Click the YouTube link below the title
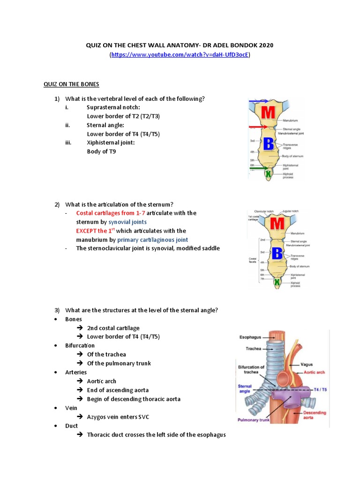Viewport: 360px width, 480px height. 180,55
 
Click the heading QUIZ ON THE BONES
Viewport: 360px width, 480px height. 71,84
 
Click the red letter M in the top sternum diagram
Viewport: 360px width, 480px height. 269,113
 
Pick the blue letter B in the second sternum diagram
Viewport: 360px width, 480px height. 277,253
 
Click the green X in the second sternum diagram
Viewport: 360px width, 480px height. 277,282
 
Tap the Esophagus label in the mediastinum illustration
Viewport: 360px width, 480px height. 251,337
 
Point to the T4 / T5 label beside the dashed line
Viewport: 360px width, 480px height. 320,390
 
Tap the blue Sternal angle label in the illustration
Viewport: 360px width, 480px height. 245,389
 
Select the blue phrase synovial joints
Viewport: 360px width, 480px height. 127,222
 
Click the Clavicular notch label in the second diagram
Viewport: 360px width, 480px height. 263,212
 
